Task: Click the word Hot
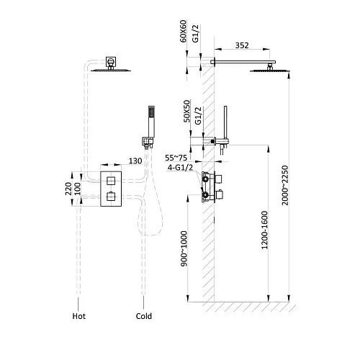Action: click(x=79, y=316)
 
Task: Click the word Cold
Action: click(x=144, y=316)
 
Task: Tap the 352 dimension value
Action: click(x=242, y=45)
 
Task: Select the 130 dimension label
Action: click(x=135, y=161)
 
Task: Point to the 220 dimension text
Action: click(x=68, y=189)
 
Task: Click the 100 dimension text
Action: click(x=77, y=189)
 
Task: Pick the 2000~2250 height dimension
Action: click(x=285, y=185)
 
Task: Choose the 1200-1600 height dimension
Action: click(x=264, y=230)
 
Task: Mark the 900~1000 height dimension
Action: click(x=184, y=248)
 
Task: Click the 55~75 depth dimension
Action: click(x=176, y=158)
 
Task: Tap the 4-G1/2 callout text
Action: click(x=180, y=167)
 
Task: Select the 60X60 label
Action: click(x=183, y=31)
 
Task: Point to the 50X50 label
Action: click(x=186, y=111)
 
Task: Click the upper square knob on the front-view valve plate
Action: click(x=111, y=181)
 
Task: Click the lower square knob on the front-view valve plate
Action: click(x=111, y=197)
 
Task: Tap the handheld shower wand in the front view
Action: click(x=151, y=122)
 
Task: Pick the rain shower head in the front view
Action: click(x=111, y=71)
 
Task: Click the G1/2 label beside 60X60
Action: click(x=196, y=33)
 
